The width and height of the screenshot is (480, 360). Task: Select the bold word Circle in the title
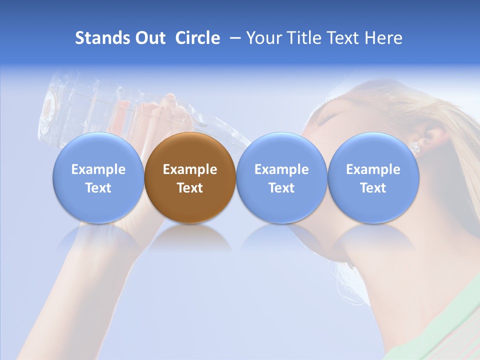click(197, 38)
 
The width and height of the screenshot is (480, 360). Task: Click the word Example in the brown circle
click(190, 169)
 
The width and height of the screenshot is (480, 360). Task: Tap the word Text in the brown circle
click(190, 188)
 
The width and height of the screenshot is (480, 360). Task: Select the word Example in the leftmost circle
click(98, 169)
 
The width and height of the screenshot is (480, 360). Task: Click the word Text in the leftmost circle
click(98, 188)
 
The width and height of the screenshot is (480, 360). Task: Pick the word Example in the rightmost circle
click(373, 169)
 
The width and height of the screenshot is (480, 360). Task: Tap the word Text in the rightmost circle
click(373, 188)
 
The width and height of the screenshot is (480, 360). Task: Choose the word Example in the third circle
click(281, 169)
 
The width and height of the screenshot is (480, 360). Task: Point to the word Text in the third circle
click(281, 188)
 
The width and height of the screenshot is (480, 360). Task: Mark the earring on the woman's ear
click(414, 148)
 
